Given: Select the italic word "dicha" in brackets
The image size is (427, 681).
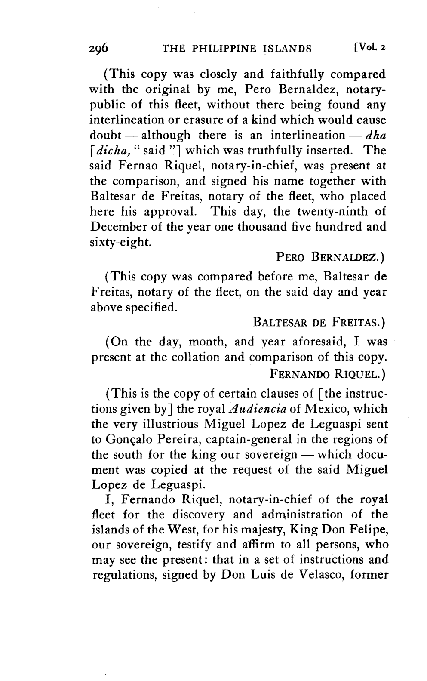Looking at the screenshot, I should (105, 151).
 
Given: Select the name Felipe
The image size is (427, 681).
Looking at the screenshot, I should (369, 530).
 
